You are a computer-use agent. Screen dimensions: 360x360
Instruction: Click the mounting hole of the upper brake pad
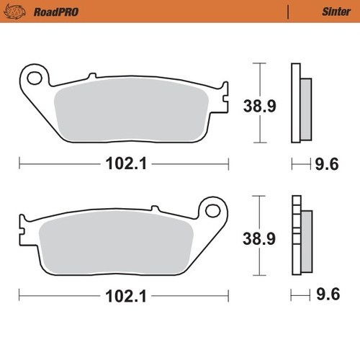tap(33, 76)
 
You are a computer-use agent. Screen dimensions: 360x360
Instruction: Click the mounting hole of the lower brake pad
tap(212, 210)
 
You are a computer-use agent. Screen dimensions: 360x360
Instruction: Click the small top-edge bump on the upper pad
tap(91, 76)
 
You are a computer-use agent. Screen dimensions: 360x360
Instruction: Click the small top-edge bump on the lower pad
tap(155, 210)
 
